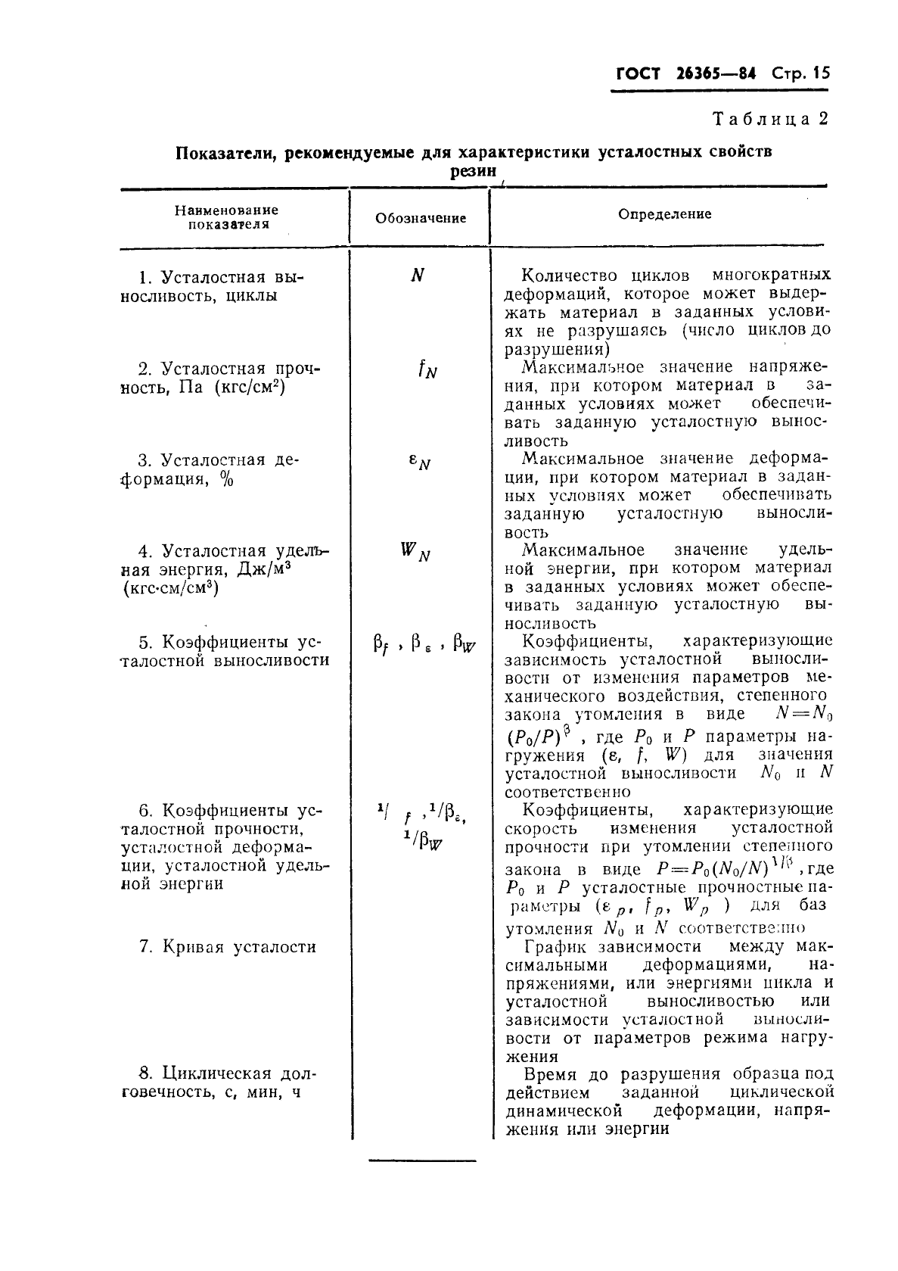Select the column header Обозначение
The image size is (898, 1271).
421,218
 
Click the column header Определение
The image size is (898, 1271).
664,214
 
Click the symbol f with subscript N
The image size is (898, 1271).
427,370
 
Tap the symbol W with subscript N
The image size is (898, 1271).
415,553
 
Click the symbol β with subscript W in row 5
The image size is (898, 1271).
465,645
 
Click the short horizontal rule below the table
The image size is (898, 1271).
422,1160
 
